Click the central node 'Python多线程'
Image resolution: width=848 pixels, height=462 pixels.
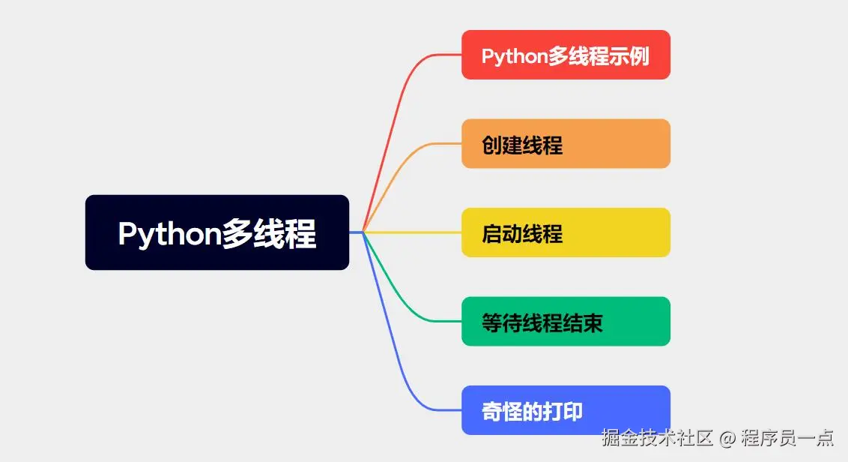216,232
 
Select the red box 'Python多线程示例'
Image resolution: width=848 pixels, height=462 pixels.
566,55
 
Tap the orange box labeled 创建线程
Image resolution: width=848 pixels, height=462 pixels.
566,143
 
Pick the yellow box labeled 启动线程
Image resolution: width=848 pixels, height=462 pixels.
566,232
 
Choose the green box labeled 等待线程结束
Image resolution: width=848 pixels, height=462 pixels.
566,321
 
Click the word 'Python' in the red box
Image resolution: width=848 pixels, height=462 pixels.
514,56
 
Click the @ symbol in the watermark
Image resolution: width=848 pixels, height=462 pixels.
727,436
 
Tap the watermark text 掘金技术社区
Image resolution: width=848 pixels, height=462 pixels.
658,436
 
